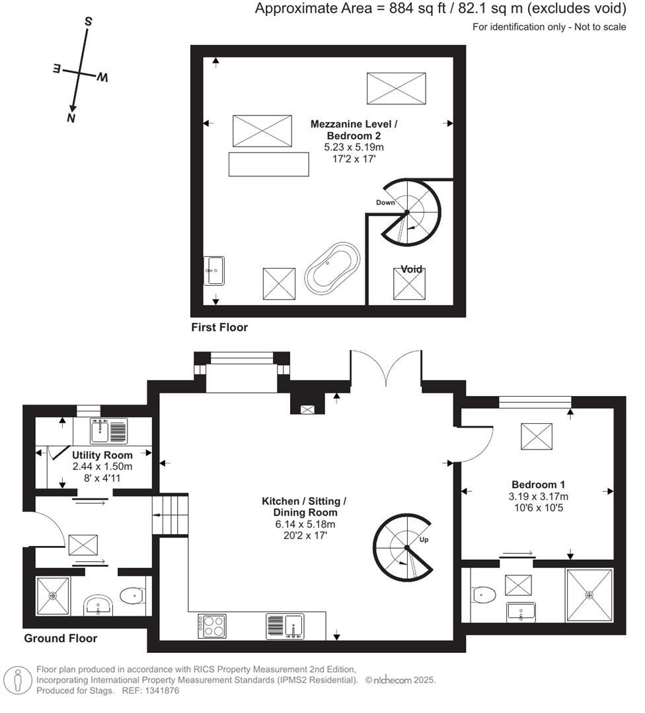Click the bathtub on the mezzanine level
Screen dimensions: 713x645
pos(332,269)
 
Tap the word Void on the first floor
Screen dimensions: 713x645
pos(411,269)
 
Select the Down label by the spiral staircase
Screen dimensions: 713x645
pos(385,202)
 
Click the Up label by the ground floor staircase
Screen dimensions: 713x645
pos(425,540)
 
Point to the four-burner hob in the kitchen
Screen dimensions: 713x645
pos(211,625)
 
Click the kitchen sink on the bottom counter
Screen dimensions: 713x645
pos(285,625)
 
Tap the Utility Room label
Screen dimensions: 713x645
pos(102,455)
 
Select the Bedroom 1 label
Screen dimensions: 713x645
pos(538,484)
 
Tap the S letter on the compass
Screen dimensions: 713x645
pos(87,21)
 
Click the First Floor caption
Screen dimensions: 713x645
pos(219,327)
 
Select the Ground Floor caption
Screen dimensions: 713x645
pos(61,638)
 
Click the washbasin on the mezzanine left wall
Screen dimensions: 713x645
pos(214,270)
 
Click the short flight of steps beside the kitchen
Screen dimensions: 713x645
pos(171,515)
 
